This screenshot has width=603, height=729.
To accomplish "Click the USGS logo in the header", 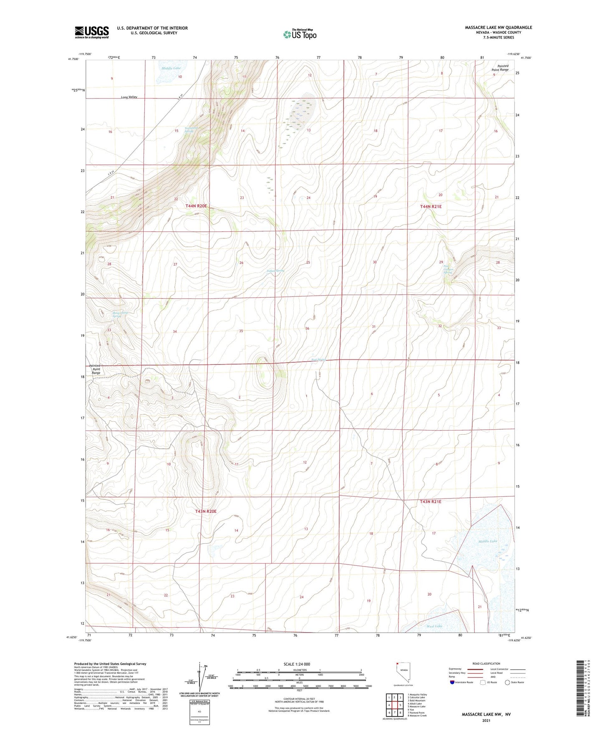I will point(92,32).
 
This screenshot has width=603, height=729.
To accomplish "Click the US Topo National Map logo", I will point(300,34).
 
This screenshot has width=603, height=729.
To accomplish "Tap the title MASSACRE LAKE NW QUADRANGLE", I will point(498,28).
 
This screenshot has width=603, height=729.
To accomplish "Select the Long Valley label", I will point(129,97).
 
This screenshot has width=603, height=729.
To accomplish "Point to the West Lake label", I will point(434,626).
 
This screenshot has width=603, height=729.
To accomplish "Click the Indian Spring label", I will point(275,271).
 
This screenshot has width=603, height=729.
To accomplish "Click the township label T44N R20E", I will point(196,206).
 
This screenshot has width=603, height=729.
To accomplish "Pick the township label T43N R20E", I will point(206,511).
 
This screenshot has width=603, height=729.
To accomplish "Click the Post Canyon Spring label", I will point(448,269).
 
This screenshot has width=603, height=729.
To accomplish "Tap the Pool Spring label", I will point(318,360).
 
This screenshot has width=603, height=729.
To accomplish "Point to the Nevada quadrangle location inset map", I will point(403,673).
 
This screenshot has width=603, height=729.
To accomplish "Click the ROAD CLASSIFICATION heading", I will point(486,663).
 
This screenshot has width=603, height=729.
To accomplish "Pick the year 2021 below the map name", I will point(486,721).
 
